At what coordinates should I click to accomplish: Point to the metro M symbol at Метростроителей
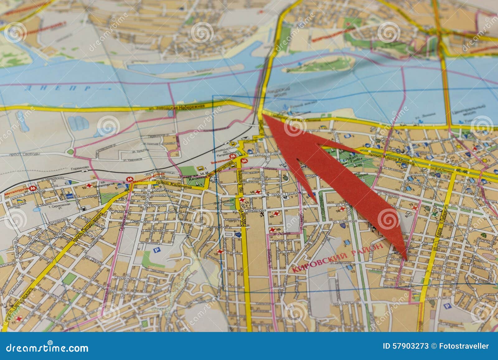pyautogui.click(x=129, y=180)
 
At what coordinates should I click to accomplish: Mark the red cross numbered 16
pyautogui.click(x=273, y=230)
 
